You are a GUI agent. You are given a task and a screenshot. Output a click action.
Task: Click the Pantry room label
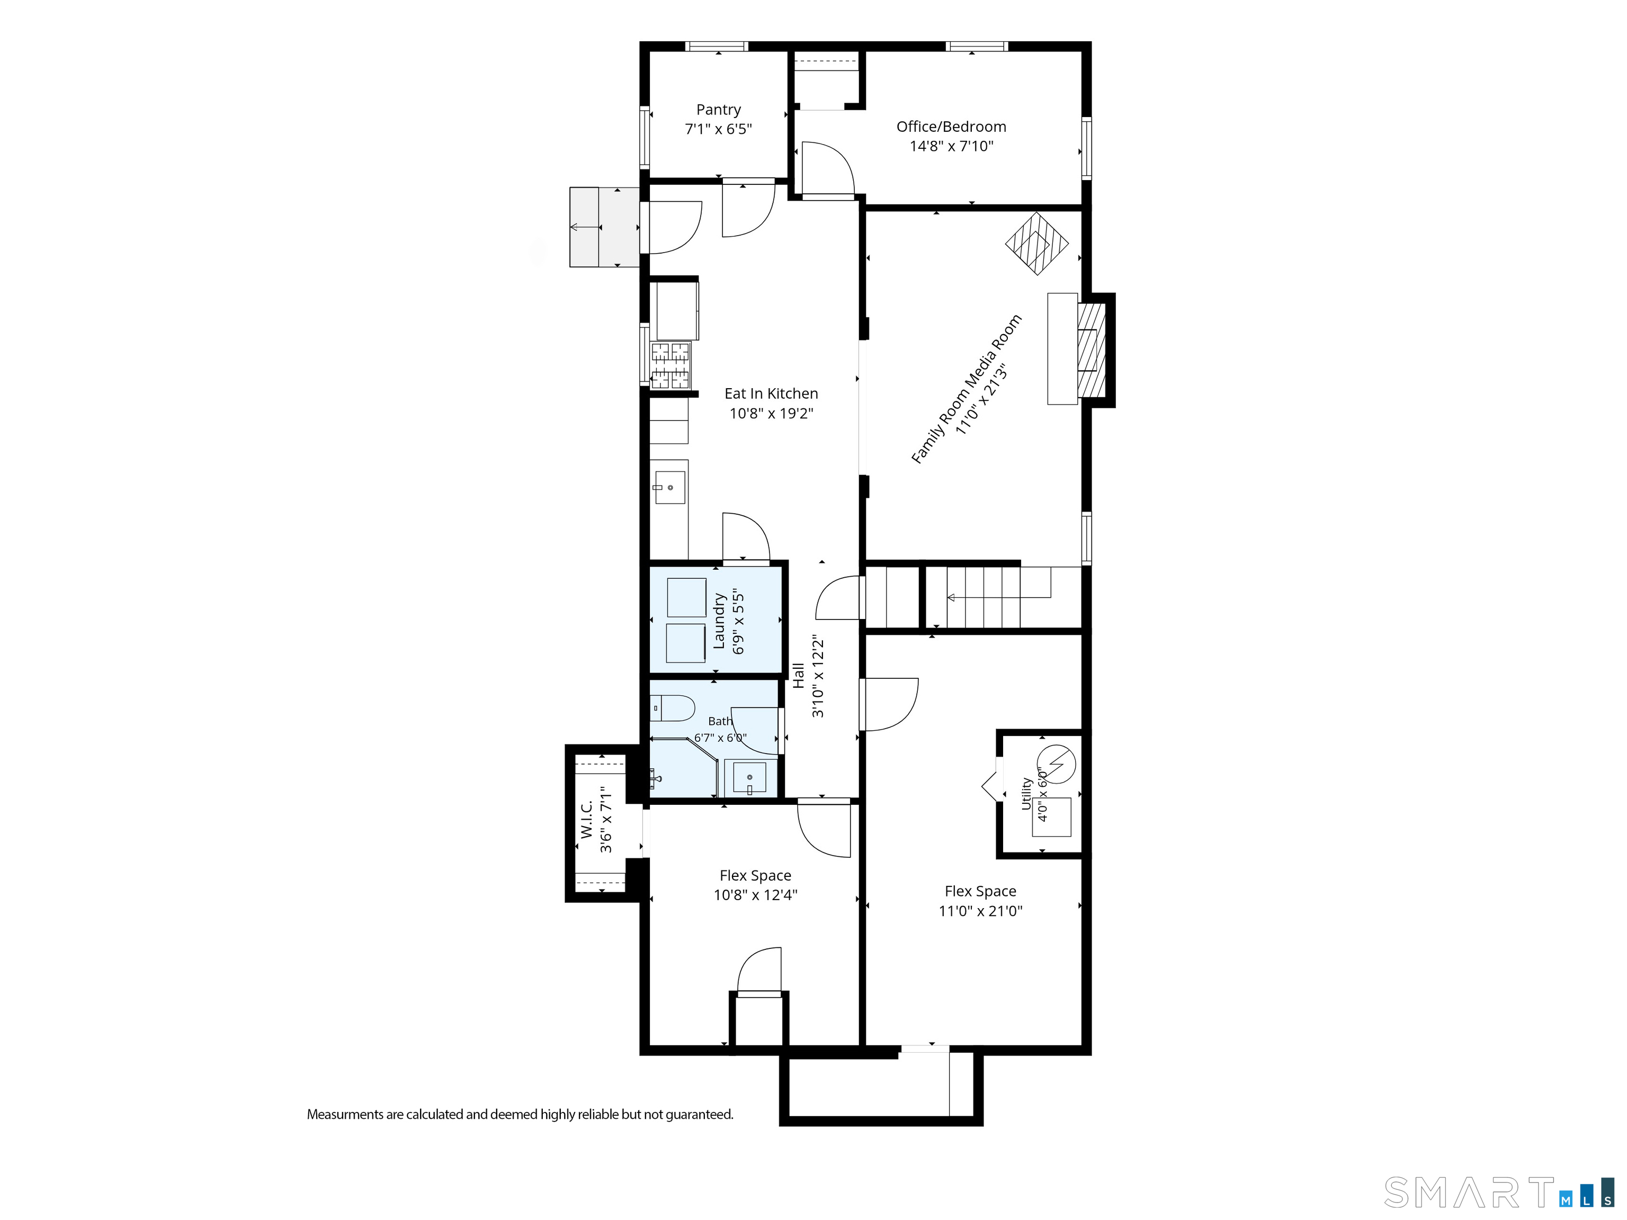pyautogui.click(x=719, y=110)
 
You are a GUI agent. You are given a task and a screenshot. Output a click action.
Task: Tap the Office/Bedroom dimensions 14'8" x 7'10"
pyautogui.click(x=951, y=146)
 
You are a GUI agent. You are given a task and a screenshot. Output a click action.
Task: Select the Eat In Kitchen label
pyautogui.click(x=771, y=393)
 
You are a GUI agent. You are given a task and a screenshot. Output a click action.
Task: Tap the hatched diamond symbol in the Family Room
pyautogui.click(x=1036, y=244)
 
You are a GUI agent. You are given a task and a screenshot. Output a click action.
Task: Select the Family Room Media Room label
pyautogui.click(x=966, y=389)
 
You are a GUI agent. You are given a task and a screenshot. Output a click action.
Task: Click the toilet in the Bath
pyautogui.click(x=672, y=708)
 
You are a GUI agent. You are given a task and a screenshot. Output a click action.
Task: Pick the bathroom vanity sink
pyautogui.click(x=749, y=778)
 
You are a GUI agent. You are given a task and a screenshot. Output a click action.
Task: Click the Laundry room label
pyautogui.click(x=719, y=622)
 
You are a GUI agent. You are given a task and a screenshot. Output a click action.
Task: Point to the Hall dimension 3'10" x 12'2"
pyautogui.click(x=818, y=677)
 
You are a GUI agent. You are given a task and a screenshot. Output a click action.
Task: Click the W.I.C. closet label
pyautogui.click(x=586, y=819)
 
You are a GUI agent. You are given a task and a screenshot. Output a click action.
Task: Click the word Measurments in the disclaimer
pyautogui.click(x=346, y=1114)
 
